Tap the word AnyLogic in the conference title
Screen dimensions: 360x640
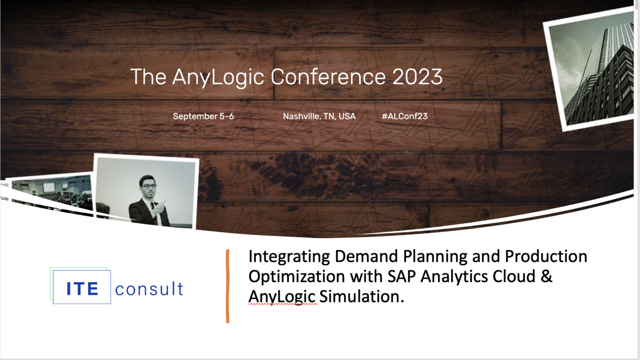point(218,77)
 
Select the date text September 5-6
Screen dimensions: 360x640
point(203,116)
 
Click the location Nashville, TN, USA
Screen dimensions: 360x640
point(319,116)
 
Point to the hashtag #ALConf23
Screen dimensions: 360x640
point(405,116)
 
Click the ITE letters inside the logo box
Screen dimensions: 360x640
point(82,289)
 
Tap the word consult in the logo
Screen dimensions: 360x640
point(149,289)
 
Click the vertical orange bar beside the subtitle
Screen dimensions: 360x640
point(227,286)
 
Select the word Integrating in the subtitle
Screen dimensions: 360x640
point(289,257)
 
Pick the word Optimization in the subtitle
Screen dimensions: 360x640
point(297,277)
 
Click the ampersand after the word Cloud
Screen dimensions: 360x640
point(546,277)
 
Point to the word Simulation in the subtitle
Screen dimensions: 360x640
point(361,297)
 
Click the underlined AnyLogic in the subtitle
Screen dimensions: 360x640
point(282,297)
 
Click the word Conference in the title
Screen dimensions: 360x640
point(328,77)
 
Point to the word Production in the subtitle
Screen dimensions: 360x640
point(546,257)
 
